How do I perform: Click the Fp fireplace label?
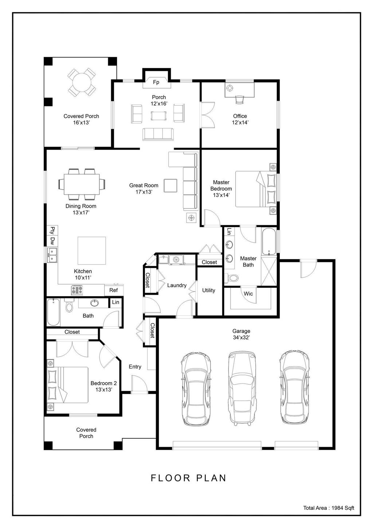156,82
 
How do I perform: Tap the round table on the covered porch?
82,83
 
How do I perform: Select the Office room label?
240,116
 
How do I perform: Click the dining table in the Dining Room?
82,184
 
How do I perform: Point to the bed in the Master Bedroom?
255,189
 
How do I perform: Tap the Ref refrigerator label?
114,290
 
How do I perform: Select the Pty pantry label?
52,230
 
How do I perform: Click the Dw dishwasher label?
52,240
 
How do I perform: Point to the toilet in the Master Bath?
232,278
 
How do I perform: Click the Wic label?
248,294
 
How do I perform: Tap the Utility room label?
209,290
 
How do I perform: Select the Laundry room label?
177,285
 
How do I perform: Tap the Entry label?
135,367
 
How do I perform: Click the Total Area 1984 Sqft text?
329,508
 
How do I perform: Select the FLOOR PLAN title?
189,478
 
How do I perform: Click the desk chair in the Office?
240,99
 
